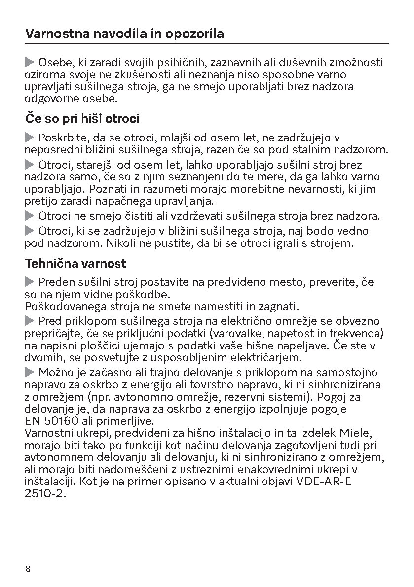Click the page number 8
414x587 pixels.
coord(28,569)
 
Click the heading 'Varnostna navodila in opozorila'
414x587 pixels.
coord(124,34)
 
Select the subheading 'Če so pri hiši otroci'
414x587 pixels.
coord(82,119)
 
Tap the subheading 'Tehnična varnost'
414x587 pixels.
coord(75,263)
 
